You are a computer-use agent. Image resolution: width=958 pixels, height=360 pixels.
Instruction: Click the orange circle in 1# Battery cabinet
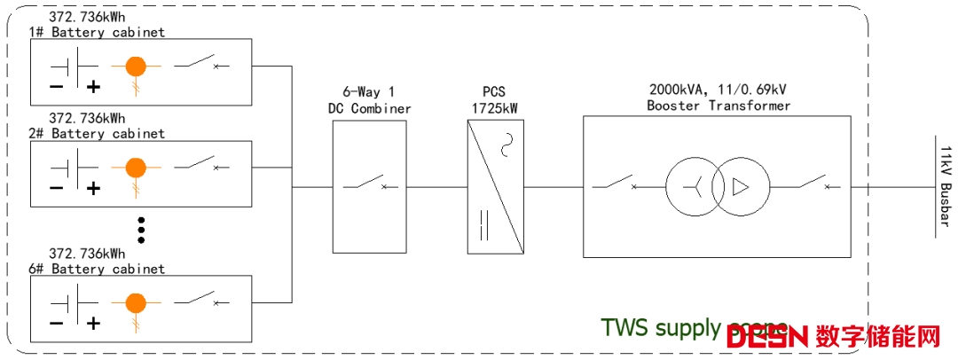(136, 66)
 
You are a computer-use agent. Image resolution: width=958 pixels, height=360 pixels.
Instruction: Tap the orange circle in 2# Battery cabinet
(136, 166)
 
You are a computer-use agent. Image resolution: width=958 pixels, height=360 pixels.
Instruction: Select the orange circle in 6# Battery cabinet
(136, 302)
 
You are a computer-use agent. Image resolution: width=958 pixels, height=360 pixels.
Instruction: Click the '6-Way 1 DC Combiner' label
(369, 100)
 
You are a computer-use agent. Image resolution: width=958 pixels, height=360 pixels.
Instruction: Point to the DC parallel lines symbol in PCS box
(483, 225)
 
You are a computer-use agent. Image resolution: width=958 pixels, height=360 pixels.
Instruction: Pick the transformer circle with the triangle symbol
(740, 187)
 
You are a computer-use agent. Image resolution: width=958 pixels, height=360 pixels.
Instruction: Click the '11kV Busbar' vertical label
(946, 186)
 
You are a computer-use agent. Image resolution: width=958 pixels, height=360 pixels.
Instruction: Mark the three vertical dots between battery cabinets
(140, 229)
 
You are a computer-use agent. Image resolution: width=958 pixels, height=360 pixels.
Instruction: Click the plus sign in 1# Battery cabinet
(92, 86)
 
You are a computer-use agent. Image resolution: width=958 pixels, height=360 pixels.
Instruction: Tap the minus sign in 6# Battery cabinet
(56, 323)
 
